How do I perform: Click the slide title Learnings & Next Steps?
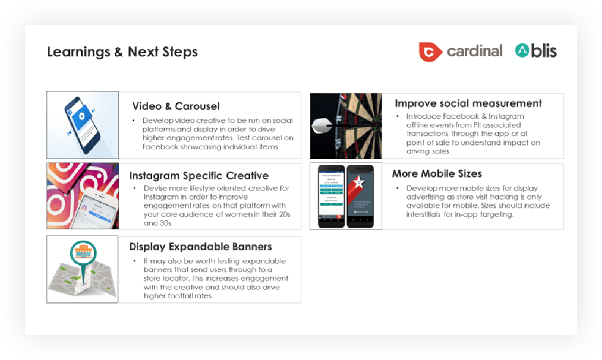point(122,52)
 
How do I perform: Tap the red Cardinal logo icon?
point(430,52)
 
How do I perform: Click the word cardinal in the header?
point(474,51)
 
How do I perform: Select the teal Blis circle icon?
point(522,51)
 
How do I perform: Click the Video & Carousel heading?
point(175,106)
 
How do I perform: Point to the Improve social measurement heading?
point(468,103)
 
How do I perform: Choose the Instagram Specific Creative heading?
point(198,176)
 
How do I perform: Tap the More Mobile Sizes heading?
point(437,174)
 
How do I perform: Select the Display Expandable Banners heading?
point(200,247)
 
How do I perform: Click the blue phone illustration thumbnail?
point(83,124)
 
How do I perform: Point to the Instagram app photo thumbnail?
point(83,195)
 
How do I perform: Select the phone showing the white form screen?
point(331,195)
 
